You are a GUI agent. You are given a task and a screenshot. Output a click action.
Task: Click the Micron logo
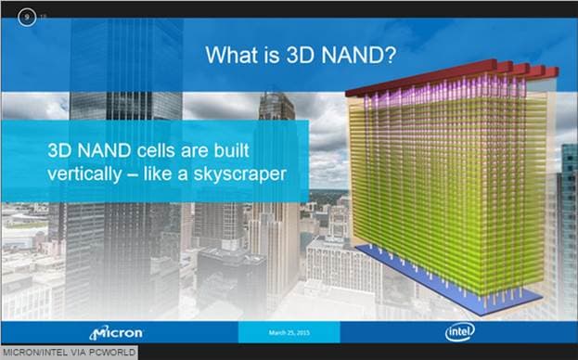[x=116, y=332]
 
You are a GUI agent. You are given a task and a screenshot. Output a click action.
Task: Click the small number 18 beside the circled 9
[x=43, y=16]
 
